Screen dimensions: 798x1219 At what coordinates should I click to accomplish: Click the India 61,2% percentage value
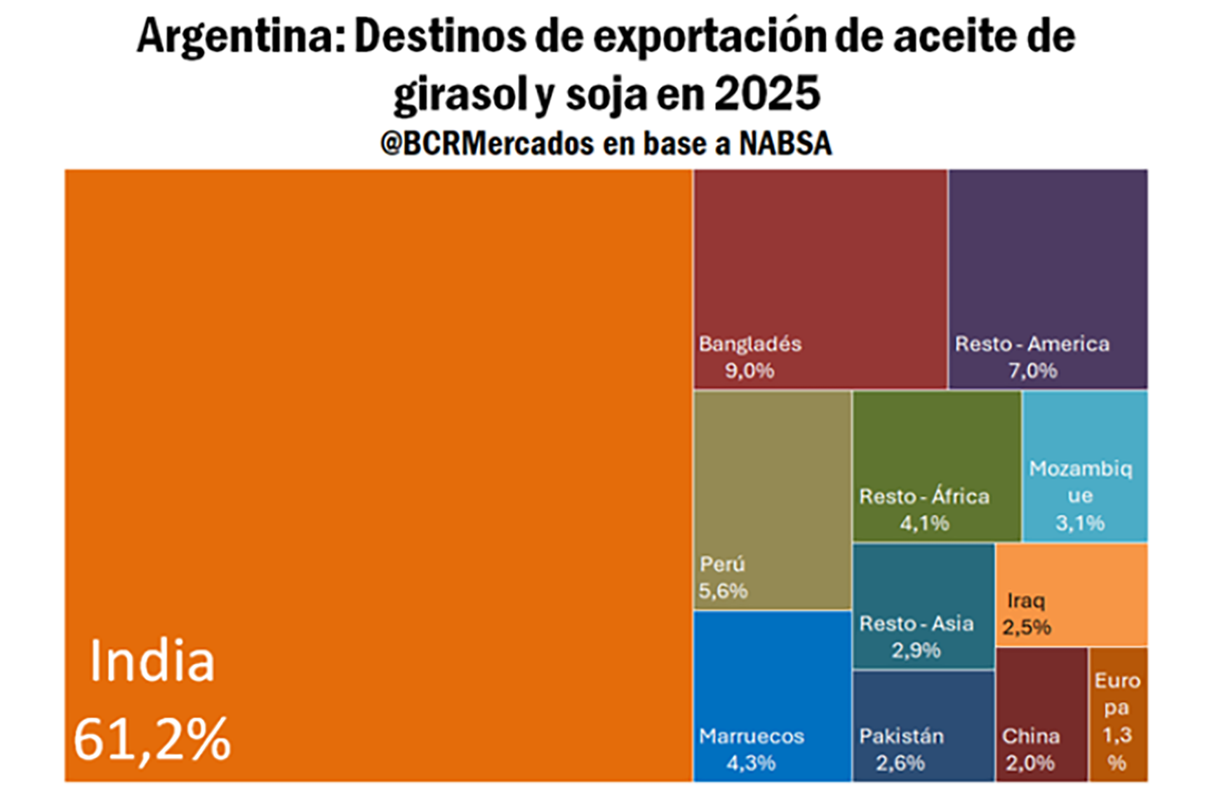152,738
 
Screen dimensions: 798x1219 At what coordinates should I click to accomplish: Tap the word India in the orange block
152,661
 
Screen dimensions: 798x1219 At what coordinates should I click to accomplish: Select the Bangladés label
750,344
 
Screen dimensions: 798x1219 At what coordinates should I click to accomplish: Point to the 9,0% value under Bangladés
750,370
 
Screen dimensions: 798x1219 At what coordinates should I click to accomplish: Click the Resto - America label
1032,344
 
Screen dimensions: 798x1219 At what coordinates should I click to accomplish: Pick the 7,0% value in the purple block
1033,370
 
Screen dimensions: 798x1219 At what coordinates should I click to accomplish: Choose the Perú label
722,564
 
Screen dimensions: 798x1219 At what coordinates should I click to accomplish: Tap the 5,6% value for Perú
723,591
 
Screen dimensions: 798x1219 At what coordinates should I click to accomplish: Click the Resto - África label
924,496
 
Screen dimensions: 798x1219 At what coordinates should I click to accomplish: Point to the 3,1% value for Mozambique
1080,523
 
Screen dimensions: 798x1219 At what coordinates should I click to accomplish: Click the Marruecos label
752,736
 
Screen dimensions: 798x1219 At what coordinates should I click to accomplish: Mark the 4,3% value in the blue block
751,763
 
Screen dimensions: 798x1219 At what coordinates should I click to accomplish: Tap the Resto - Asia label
916,623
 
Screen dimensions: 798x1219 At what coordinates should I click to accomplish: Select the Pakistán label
902,736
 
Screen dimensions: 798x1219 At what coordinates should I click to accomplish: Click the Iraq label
1026,600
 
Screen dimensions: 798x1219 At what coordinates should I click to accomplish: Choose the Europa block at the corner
1118,715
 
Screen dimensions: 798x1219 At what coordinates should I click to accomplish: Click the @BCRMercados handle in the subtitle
486,144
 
